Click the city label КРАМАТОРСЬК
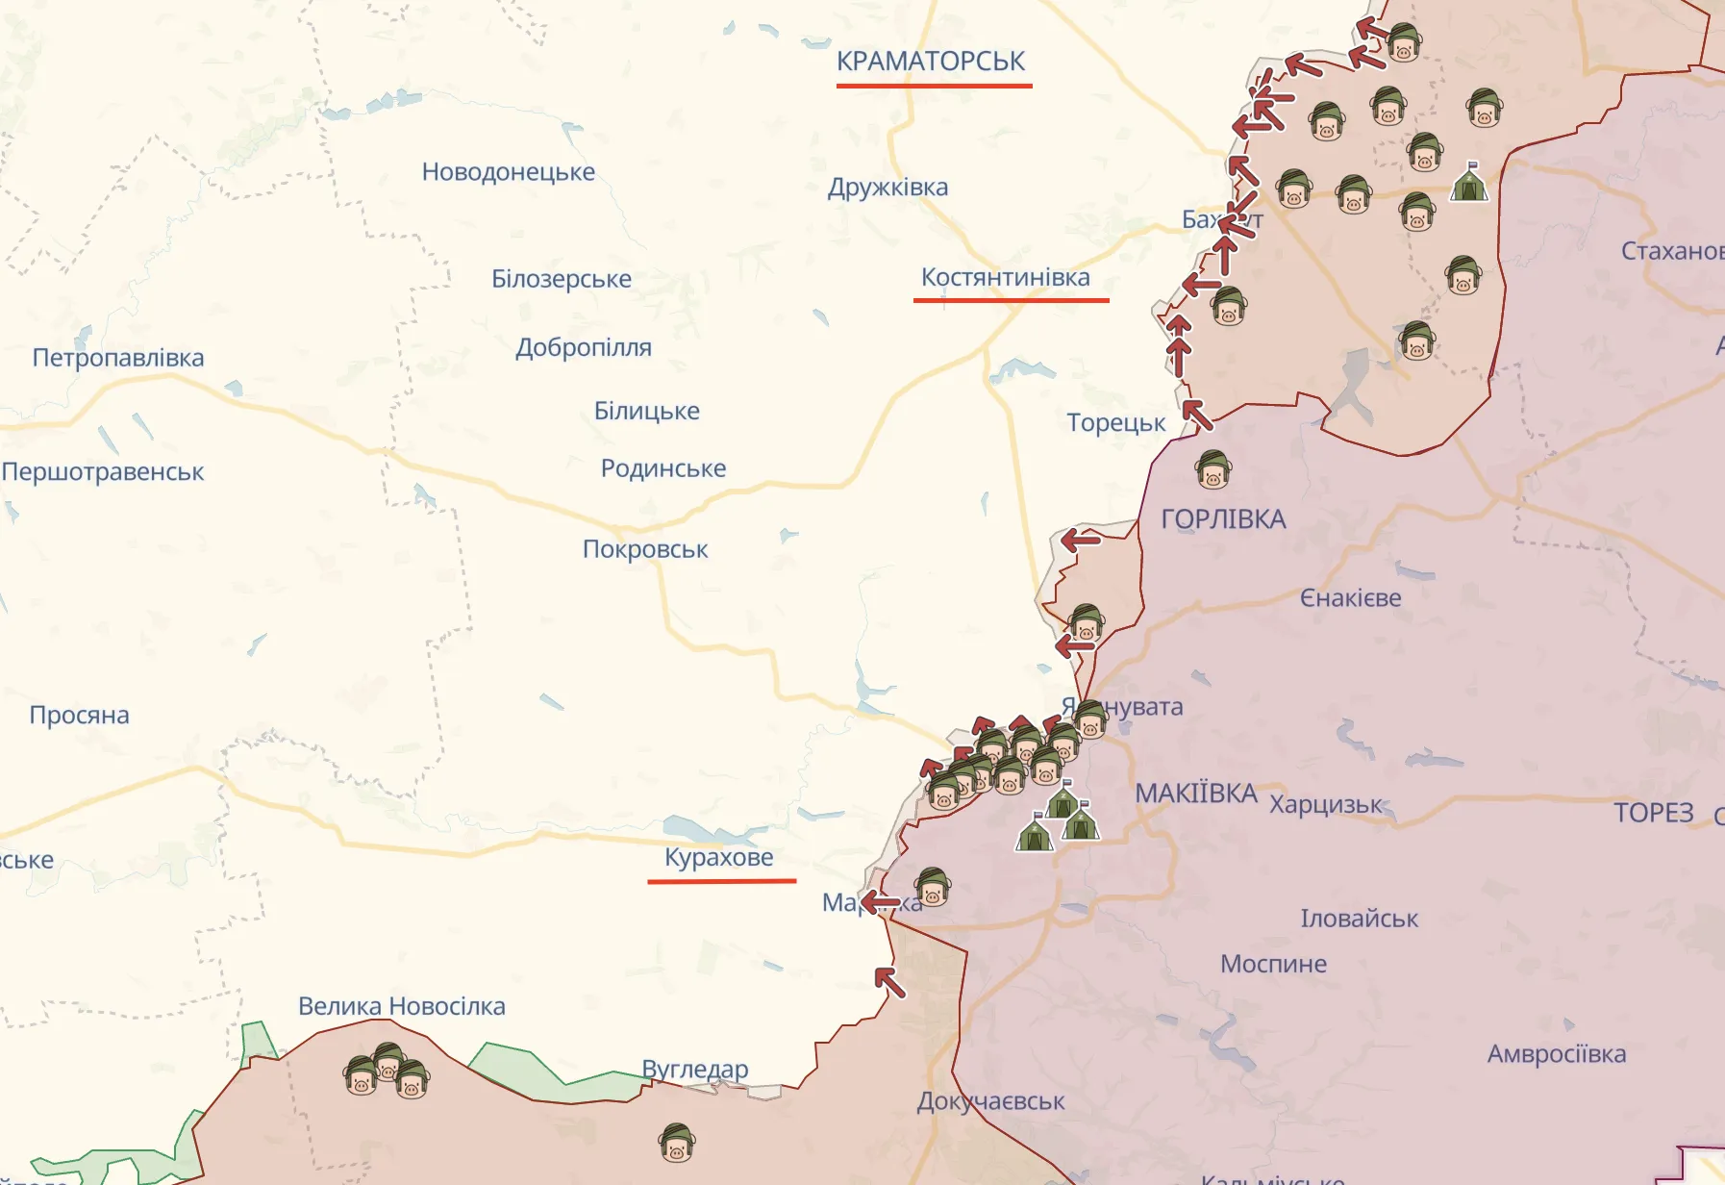tap(931, 61)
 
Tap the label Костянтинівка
tap(1005, 278)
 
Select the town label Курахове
tap(718, 857)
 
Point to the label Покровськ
tap(645, 549)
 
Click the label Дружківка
tap(887, 187)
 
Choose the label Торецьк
tap(1115, 422)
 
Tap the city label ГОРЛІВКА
tap(1223, 519)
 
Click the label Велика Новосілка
tap(401, 1006)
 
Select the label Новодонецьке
tap(508, 172)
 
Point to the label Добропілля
tap(584, 347)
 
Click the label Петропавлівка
tap(118, 358)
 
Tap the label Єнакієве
tap(1350, 598)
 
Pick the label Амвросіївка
tap(1556, 1054)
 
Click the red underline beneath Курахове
tap(721, 880)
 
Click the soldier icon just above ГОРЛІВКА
tap(1212, 469)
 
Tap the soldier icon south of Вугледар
tap(677, 1143)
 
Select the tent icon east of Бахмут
tap(1469, 182)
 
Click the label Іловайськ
tap(1359, 919)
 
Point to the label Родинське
tap(662, 468)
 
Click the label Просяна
tap(79, 716)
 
